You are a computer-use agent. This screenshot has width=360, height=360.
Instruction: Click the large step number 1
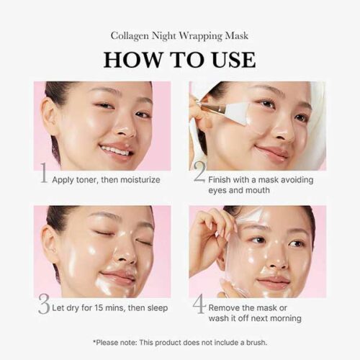pyautogui.click(x=44, y=173)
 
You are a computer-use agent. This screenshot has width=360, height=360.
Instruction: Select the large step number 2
pyautogui.click(x=199, y=172)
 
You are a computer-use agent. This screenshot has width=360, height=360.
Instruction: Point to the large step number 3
pyautogui.click(x=44, y=304)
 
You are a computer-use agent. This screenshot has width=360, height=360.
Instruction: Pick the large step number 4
pyautogui.click(x=199, y=304)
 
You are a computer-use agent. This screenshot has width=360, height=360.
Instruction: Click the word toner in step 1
pyautogui.click(x=87, y=180)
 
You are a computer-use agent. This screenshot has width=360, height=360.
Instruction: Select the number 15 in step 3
pyautogui.click(x=99, y=307)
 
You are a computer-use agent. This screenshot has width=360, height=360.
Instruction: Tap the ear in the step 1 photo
pyautogui.click(x=50, y=117)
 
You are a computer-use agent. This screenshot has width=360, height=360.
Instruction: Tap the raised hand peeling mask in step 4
pyautogui.click(x=211, y=238)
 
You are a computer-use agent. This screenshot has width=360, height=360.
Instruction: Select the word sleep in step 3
pyautogui.click(x=158, y=308)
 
